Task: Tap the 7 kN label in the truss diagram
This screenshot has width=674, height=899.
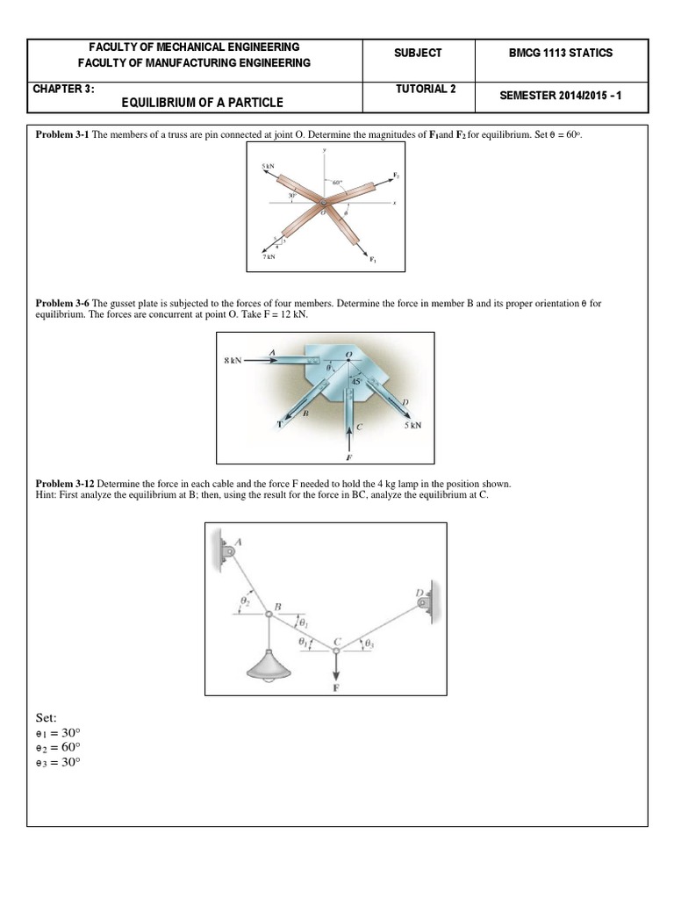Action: pyautogui.click(x=269, y=257)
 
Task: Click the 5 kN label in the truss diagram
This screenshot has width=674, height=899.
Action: pyautogui.click(x=267, y=166)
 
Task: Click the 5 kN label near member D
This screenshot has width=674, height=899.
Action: pyautogui.click(x=412, y=425)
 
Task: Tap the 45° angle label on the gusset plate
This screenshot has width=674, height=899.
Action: pyautogui.click(x=356, y=382)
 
